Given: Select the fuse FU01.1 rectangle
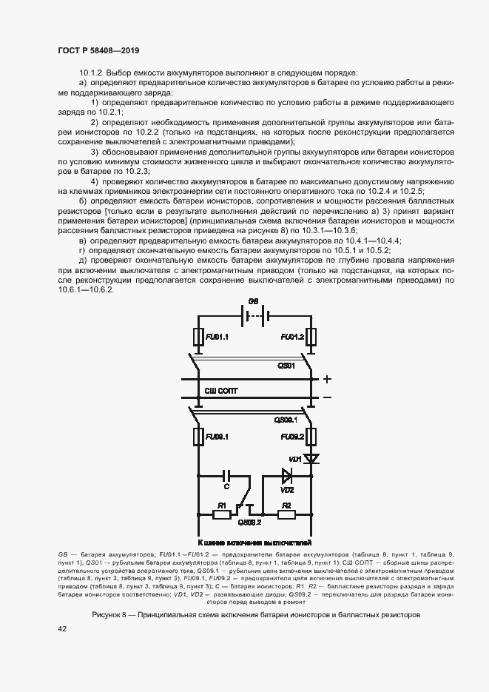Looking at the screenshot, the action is point(198,337).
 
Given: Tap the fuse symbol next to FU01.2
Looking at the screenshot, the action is point(313,337).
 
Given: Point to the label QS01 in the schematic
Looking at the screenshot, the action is point(286,366).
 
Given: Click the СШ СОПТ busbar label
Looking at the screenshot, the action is point(222,390).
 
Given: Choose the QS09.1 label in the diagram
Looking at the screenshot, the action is point(286,419).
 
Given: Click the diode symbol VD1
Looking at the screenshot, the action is point(313,459).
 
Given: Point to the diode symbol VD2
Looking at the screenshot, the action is point(287,474).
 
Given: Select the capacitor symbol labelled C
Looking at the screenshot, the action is point(226,474).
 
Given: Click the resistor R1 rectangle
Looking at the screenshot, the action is point(221,512).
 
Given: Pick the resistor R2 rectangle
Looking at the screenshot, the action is point(286,512).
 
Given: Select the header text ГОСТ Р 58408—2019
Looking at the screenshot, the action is point(98,50).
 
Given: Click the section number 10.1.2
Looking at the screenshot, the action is point(92,73).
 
